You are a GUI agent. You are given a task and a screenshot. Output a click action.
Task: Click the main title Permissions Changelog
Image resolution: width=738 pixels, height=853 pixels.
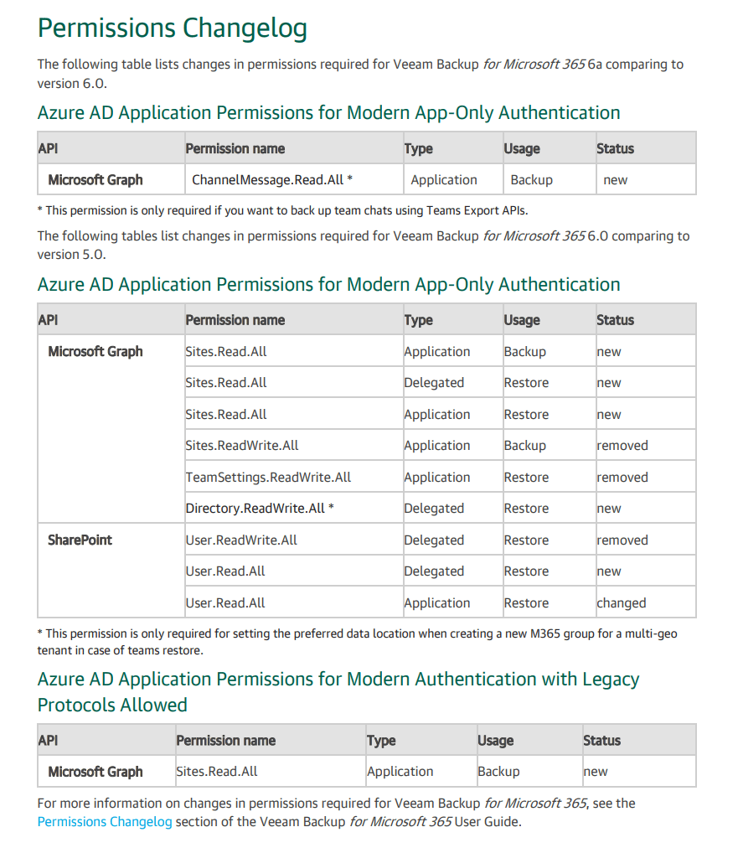(172, 28)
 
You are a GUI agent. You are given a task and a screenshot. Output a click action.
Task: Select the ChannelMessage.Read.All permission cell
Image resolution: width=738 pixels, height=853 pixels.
(271, 179)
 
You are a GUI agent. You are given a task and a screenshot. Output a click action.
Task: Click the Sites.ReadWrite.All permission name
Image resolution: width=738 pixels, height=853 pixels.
(242, 446)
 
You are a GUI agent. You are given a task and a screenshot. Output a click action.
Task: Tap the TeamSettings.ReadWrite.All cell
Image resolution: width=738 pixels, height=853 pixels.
(268, 478)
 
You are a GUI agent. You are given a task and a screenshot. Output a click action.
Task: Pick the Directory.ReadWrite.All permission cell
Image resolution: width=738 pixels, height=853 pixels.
(260, 509)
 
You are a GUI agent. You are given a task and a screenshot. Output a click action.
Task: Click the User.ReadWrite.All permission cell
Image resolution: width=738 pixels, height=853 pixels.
(241, 540)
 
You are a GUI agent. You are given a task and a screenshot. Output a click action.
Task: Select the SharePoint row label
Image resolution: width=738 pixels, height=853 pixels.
(80, 540)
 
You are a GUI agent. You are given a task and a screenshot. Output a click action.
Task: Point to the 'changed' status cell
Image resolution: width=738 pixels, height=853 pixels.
(621, 603)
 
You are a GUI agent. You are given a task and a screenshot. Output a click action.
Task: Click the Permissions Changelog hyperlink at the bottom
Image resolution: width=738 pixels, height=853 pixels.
(105, 821)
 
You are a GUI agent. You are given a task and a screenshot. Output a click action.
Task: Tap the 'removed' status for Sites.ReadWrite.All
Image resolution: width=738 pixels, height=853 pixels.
(622, 446)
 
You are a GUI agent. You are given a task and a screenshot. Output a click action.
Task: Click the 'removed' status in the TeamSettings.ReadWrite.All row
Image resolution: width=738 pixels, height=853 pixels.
(622, 478)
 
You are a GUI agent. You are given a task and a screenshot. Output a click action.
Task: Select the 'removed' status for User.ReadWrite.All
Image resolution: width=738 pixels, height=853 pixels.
(622, 540)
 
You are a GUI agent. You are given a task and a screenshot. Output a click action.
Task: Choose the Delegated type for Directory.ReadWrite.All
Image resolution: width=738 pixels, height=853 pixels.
(433, 509)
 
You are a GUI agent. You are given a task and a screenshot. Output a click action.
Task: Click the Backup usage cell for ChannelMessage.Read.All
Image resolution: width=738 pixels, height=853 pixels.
(531, 179)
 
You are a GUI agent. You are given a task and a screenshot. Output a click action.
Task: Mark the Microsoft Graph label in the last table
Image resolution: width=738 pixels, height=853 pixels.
(95, 772)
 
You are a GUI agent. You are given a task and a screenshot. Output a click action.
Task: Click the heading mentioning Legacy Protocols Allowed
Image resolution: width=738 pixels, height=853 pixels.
(338, 691)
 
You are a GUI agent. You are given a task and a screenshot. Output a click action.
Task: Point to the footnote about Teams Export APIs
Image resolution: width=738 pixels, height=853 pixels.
(282, 210)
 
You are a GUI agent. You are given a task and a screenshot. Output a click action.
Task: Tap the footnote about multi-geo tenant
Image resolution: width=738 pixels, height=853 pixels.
(357, 642)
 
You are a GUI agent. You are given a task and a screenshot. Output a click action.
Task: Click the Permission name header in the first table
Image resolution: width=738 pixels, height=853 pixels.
(235, 148)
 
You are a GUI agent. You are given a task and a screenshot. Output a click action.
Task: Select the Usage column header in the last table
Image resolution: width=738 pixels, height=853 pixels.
(495, 741)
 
